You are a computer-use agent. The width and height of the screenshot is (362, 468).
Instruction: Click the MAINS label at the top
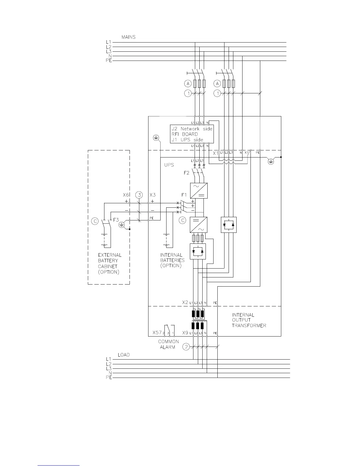128,37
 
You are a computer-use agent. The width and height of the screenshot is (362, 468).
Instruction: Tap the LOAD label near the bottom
124,355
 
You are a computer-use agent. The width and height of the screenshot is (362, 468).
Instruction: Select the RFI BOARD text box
192,134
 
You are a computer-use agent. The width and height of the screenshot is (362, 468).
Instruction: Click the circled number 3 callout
139,195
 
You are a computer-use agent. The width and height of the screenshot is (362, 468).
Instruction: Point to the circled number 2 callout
186,347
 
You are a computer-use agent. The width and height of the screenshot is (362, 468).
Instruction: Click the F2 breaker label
186,173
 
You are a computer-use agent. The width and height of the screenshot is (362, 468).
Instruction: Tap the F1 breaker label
184,195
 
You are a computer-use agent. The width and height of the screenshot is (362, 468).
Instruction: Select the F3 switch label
116,220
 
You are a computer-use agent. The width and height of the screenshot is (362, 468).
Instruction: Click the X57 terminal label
157,333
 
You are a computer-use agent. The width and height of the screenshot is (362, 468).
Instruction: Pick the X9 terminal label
185,333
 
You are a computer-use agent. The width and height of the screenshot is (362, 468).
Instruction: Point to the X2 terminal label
185,303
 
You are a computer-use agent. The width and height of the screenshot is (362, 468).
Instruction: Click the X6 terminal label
126,195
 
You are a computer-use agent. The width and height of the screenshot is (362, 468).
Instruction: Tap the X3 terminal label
152,195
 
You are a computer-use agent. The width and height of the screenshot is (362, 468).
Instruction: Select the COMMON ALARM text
168,344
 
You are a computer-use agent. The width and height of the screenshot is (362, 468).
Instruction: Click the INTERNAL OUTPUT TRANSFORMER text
249,320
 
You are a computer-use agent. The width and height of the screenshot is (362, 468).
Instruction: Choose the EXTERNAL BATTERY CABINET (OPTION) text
109,264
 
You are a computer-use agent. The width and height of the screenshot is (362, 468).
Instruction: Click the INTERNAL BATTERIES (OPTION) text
172,260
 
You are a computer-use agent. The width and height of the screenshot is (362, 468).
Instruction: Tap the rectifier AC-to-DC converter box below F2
198,191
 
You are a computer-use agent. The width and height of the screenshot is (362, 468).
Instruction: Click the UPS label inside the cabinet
169,165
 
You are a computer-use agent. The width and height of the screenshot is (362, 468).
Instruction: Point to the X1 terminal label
216,153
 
